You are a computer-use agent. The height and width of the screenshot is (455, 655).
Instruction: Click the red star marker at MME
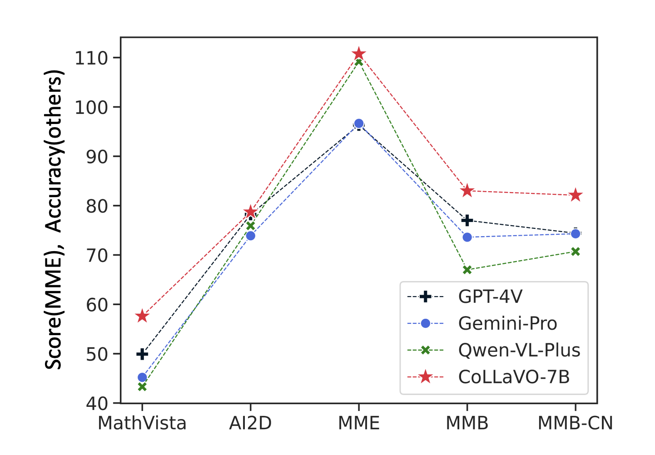pos(359,54)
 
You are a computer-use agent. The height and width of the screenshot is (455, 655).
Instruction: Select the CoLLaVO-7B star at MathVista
pos(142,316)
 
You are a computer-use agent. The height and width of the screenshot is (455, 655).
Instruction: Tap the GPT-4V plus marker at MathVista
pos(142,354)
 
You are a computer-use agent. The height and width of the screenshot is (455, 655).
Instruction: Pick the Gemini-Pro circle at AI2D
pos(250,236)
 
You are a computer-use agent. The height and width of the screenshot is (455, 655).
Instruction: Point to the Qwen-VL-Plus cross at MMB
pos(467,270)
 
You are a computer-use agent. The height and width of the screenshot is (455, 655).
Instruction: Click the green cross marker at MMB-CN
pos(576,252)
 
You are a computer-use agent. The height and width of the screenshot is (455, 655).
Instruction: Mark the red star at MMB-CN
pos(576,195)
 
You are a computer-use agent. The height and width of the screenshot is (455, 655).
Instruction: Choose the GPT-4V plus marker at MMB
pos(467,220)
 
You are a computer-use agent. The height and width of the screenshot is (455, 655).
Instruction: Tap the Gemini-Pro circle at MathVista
pos(142,377)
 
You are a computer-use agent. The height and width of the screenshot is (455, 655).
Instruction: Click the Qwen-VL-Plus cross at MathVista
pos(142,387)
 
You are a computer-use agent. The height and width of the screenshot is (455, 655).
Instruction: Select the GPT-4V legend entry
pos(490,297)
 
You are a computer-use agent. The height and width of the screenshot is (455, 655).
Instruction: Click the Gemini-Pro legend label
pos(507,324)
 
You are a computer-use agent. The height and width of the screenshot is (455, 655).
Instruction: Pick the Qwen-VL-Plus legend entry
pos(519,351)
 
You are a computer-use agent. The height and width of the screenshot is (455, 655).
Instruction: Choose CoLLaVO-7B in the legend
pos(514,377)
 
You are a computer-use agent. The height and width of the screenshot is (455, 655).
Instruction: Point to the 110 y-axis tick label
pos(91,58)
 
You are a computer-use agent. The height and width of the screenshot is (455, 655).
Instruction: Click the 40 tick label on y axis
pos(97,403)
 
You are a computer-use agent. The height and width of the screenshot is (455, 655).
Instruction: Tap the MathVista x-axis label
pos(142,423)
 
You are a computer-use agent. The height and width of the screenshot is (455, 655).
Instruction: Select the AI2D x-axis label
pos(250,423)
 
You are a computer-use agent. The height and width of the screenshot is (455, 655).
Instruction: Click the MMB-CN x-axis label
pos(576,423)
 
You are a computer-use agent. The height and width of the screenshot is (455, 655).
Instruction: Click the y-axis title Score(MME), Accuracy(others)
pos(54,220)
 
